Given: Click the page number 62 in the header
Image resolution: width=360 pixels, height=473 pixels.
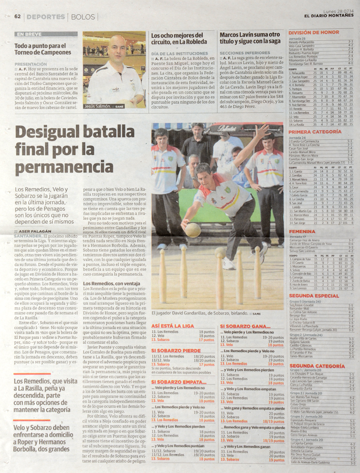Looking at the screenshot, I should pos(18,16).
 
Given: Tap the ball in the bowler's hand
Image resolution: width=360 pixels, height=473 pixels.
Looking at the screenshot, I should pos(192,230).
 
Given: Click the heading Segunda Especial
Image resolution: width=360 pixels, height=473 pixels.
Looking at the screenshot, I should pos(314,296).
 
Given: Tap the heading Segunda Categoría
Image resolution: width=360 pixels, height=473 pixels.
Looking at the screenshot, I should pos(316,365).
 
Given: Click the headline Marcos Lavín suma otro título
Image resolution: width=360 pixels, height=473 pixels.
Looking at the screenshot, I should pos(250,38).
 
